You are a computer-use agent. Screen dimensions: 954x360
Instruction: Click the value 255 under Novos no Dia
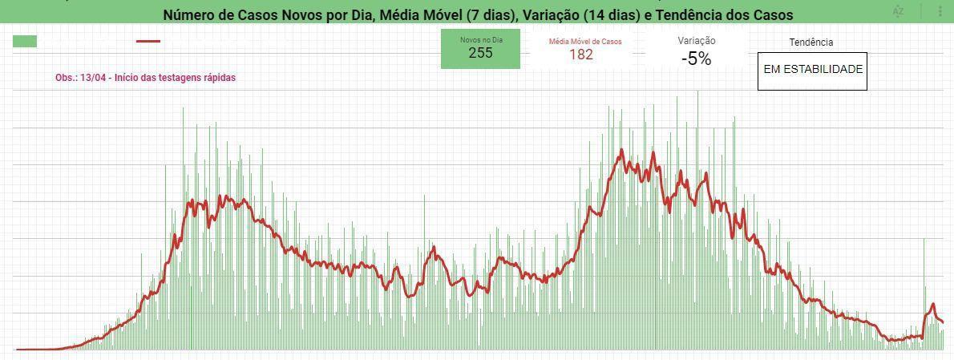[480, 53]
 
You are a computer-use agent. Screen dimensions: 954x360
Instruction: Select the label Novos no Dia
[481, 39]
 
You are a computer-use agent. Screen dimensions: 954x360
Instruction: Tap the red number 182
[581, 55]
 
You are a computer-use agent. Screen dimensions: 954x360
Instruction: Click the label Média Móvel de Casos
[585, 42]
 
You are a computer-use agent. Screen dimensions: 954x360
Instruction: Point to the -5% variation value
[697, 59]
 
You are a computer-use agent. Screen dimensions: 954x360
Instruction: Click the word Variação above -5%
[697, 41]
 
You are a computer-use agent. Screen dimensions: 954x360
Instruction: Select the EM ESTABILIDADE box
[812, 71]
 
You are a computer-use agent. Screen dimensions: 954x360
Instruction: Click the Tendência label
[811, 42]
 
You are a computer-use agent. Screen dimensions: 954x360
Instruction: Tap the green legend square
[25, 42]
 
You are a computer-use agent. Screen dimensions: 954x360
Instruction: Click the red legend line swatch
[148, 42]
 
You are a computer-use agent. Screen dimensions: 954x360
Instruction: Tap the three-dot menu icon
[940, 11]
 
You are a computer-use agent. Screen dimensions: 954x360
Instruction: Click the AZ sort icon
[898, 11]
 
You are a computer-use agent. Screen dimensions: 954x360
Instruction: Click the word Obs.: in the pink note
[67, 78]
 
